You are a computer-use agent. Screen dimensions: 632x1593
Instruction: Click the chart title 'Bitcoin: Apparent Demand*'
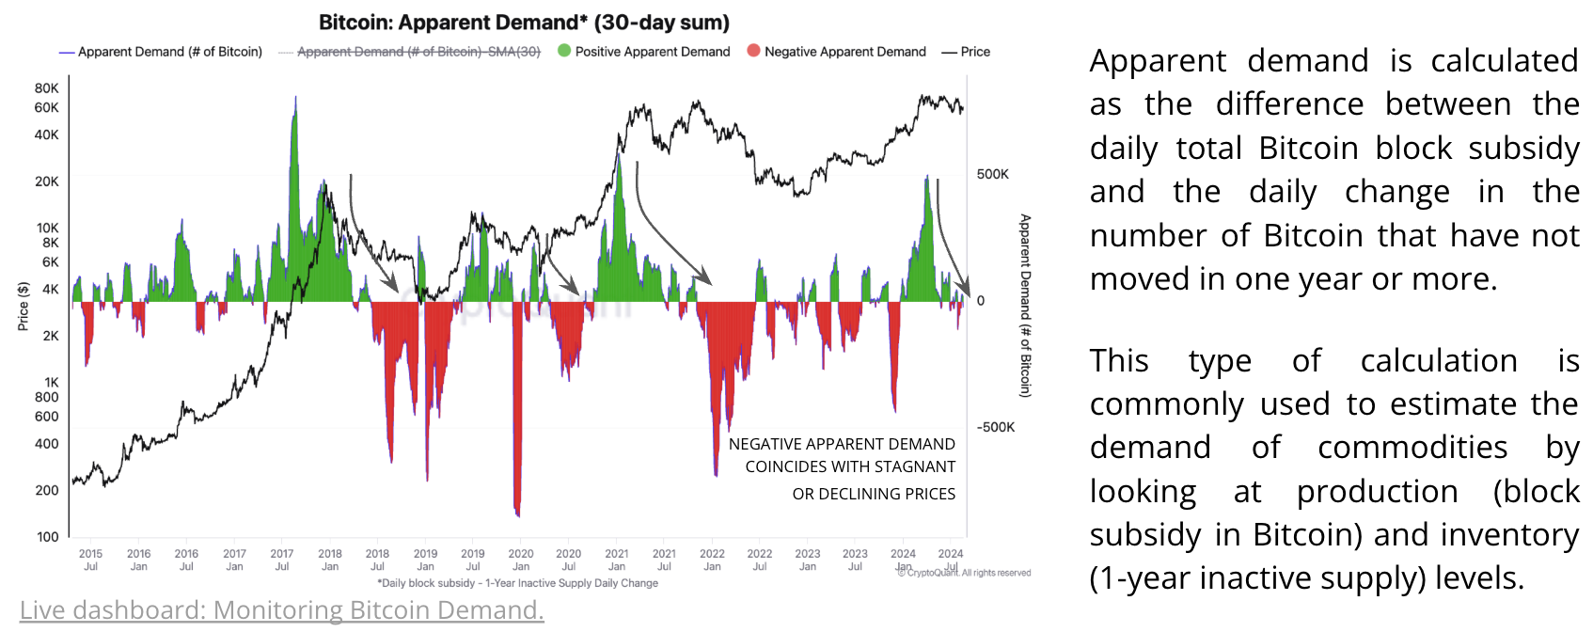click(524, 23)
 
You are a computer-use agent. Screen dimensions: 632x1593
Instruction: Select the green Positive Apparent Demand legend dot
click(564, 51)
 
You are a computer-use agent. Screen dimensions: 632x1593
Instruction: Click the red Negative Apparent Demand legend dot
click(753, 51)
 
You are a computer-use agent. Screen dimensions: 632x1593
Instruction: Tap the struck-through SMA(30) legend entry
click(418, 52)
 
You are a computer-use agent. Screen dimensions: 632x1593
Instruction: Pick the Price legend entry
click(966, 52)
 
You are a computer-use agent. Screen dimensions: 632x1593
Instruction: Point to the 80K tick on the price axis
click(47, 88)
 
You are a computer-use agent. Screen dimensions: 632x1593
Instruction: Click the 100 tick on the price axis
click(47, 537)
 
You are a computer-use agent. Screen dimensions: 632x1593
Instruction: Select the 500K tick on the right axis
click(993, 174)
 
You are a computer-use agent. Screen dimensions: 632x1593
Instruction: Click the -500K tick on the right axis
click(996, 427)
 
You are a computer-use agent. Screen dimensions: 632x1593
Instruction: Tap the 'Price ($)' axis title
click(24, 307)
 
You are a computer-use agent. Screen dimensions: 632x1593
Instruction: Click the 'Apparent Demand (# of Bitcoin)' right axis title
click(1025, 306)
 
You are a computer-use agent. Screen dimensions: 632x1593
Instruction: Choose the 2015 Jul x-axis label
click(90, 560)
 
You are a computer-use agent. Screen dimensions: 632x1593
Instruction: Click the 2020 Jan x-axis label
click(521, 560)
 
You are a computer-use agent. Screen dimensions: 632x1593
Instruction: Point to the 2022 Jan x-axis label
click(712, 560)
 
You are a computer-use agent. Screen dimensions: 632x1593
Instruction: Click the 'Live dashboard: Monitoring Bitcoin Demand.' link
click(282, 610)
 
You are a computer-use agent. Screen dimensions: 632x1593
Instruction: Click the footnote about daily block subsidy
click(517, 583)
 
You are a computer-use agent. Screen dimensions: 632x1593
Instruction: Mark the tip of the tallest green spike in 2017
click(295, 97)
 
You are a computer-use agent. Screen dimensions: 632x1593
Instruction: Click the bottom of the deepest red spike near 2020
click(517, 515)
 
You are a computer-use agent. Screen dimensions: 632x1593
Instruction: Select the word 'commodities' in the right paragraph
click(1412, 448)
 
